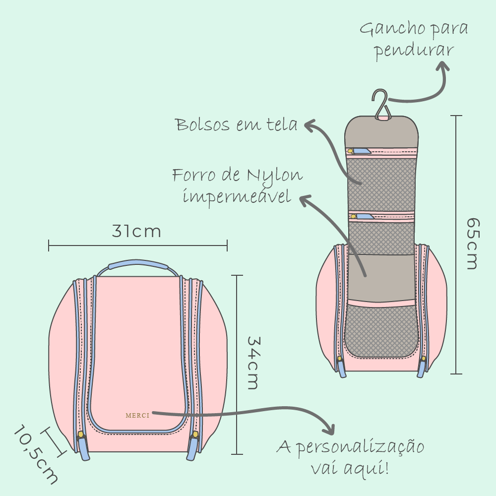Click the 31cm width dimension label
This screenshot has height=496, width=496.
pos(136,232)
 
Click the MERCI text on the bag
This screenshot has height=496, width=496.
pos(137,416)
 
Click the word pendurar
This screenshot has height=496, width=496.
pos(414,51)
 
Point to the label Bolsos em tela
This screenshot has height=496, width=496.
pos(237,124)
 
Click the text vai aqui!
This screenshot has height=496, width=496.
pos(350,468)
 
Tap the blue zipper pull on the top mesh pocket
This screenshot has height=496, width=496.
pos(362,151)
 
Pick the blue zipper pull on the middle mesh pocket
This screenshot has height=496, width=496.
pos(365,216)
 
